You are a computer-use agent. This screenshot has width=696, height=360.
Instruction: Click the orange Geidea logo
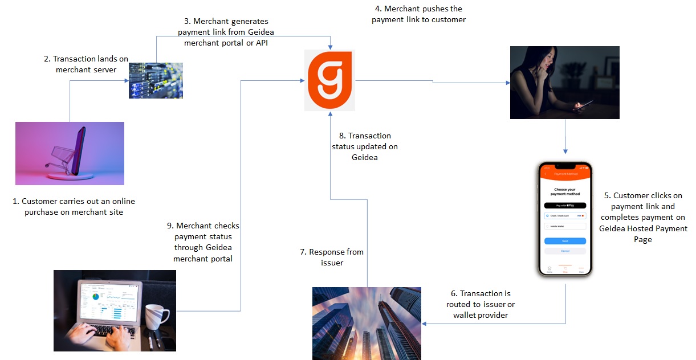[x=330, y=80]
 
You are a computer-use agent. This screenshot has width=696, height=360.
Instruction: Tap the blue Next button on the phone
[x=565, y=241]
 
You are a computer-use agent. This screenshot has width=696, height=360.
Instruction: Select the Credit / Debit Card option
[x=564, y=216]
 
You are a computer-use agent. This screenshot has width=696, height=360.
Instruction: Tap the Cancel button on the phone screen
[x=565, y=251]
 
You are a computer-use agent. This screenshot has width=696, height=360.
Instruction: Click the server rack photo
[x=156, y=80]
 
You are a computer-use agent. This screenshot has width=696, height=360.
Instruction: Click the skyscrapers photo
[x=367, y=323]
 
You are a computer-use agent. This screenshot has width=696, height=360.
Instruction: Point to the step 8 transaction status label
[x=364, y=147]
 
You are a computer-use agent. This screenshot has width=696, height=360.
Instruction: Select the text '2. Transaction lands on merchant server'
[x=86, y=64]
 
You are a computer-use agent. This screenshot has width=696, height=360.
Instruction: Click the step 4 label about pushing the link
[x=418, y=14]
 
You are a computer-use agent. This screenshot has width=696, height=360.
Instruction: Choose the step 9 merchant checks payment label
[x=203, y=242]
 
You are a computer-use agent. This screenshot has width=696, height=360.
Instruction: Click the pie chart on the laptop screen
[x=96, y=296]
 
